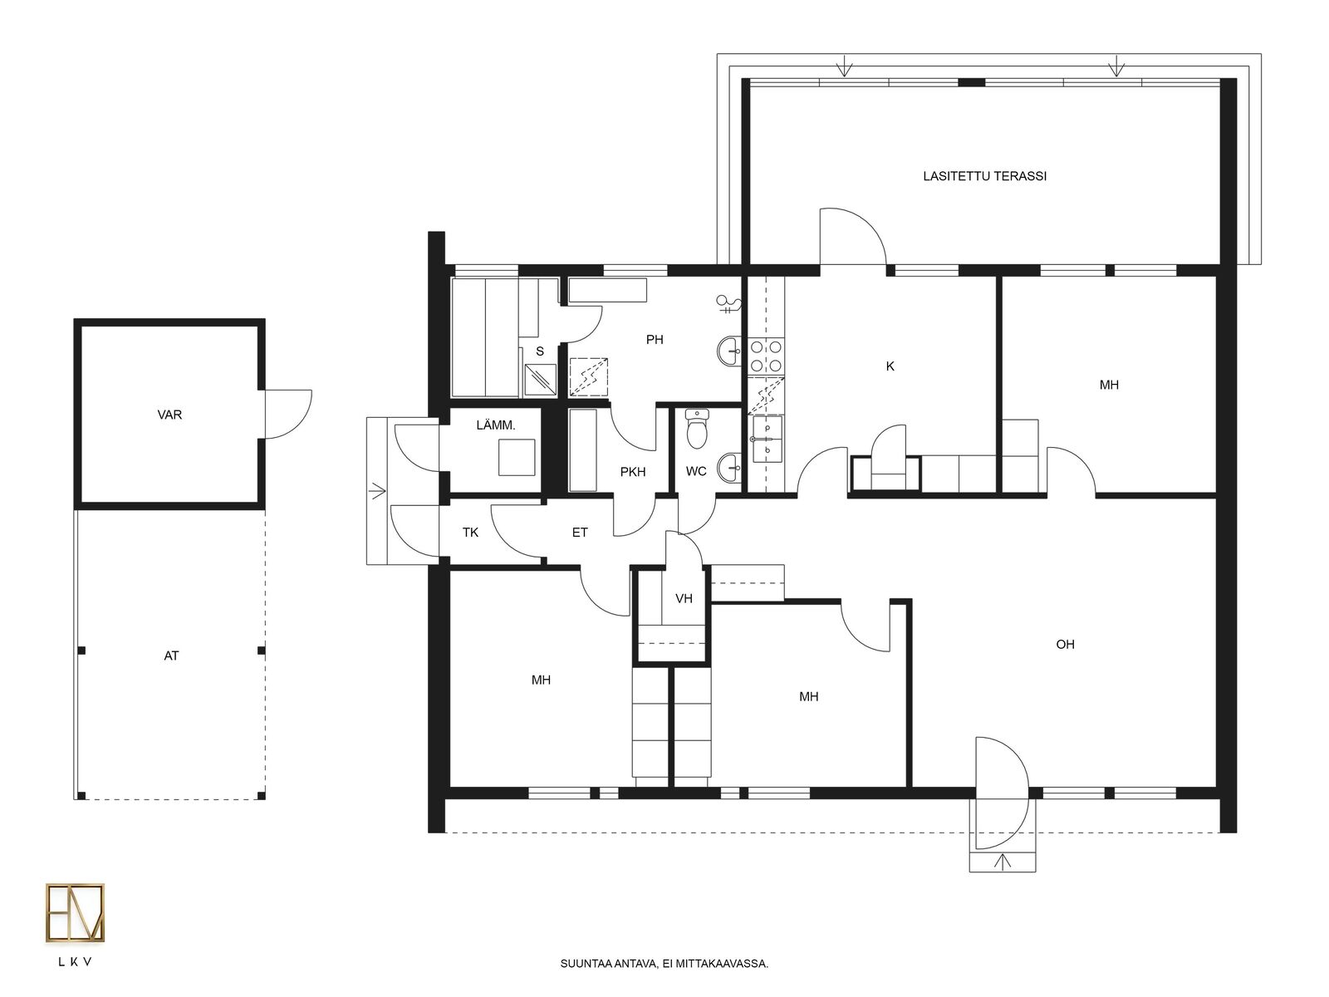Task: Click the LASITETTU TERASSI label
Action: point(984,176)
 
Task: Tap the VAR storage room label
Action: point(169,415)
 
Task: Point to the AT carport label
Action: point(171,656)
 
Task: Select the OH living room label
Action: point(1065,644)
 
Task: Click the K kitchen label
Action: point(890,366)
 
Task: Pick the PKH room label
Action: point(633,472)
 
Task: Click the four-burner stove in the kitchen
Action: point(766,356)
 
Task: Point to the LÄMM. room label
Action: point(496,425)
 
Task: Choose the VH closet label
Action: point(684,599)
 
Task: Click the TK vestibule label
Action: point(470,532)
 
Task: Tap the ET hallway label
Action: point(580,532)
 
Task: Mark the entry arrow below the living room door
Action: point(1003,861)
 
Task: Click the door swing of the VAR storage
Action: point(289,414)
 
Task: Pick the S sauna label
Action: point(540,351)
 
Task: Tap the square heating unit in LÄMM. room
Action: point(517,457)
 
